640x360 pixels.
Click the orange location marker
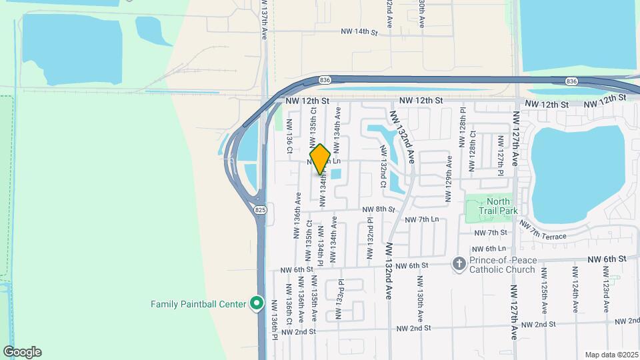[x=321, y=159]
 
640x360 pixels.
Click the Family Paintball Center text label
[x=199, y=305]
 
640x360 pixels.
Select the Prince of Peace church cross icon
[x=459, y=264]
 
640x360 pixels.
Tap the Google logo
[x=22, y=352]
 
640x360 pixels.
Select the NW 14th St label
[x=359, y=31]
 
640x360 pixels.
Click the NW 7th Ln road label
[x=423, y=219]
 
